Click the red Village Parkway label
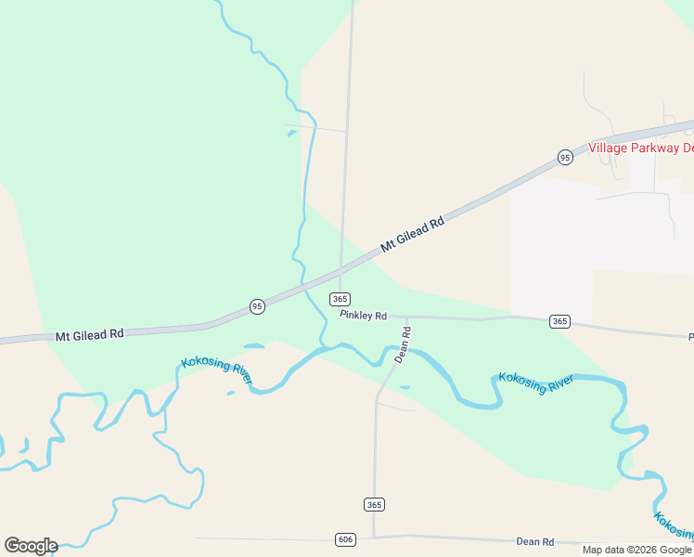click(x=641, y=148)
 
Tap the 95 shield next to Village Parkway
click(x=565, y=158)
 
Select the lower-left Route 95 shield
click(x=257, y=305)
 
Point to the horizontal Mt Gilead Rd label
click(x=89, y=334)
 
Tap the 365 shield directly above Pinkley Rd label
click(x=340, y=299)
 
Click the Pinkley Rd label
click(x=363, y=316)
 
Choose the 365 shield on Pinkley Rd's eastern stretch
click(x=559, y=321)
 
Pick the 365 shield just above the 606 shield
click(x=374, y=504)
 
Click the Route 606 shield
click(x=344, y=539)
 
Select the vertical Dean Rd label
click(x=403, y=344)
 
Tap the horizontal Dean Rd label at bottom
click(x=535, y=541)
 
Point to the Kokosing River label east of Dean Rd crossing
click(x=536, y=382)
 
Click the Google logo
click(x=31, y=546)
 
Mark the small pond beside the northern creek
click(x=292, y=134)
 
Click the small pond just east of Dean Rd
click(x=405, y=387)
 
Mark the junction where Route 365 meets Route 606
click(x=374, y=537)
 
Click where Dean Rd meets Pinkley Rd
click(x=406, y=317)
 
